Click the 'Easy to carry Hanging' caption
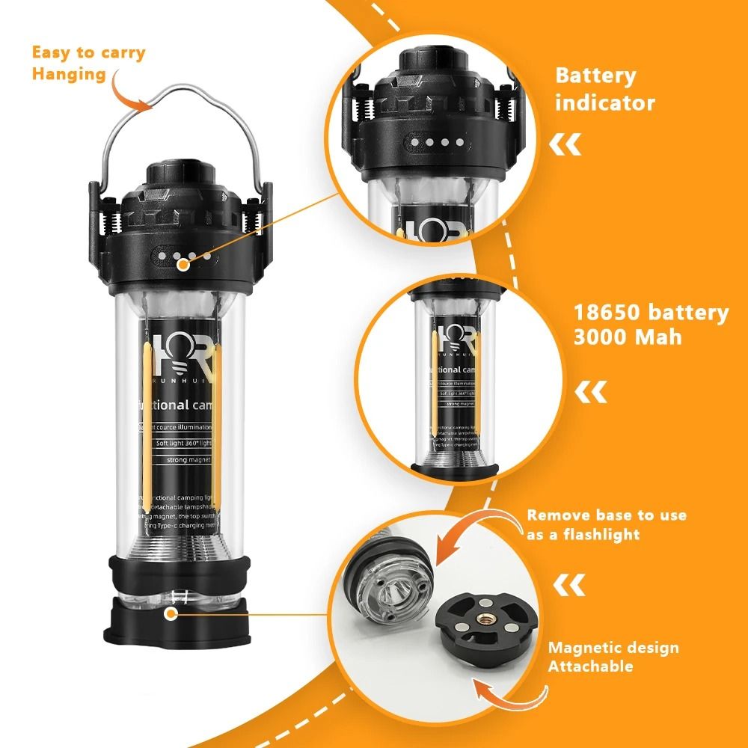(x=88, y=63)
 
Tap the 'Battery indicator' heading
(x=604, y=88)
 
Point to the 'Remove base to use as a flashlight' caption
(x=606, y=524)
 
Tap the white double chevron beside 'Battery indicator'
(x=565, y=145)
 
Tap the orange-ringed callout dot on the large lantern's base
(x=171, y=614)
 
